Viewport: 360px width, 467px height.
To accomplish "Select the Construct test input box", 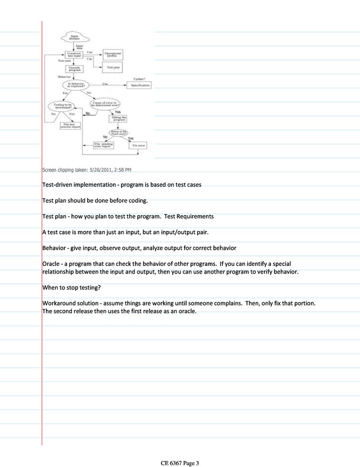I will [x=74, y=54].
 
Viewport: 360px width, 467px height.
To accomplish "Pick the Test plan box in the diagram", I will [x=113, y=68].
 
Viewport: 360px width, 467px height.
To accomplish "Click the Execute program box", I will [x=74, y=69].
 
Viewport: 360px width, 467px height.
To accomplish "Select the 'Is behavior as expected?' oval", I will [x=75, y=85].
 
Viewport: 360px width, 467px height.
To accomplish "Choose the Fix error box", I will [x=137, y=144].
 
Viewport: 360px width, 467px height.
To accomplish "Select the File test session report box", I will [x=71, y=124].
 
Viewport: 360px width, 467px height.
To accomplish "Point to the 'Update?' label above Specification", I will [x=139, y=78].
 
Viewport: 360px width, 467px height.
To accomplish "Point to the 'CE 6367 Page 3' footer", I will [x=180, y=463].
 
